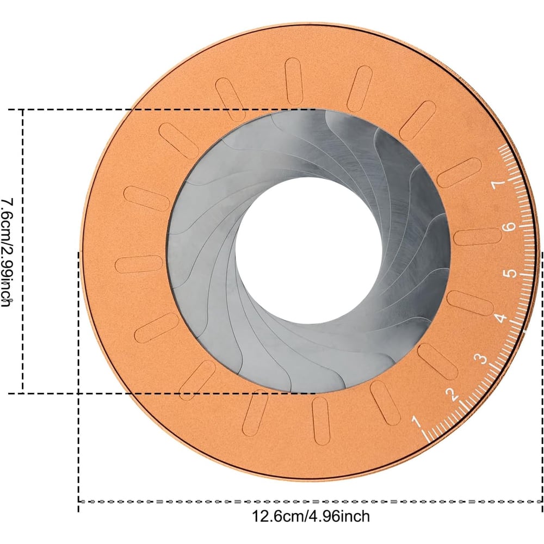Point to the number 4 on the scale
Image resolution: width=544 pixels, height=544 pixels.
click(x=500, y=318)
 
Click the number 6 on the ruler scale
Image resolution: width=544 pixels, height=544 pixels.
click(x=509, y=226)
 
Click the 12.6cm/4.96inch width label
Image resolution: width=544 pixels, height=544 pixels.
click(x=311, y=516)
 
